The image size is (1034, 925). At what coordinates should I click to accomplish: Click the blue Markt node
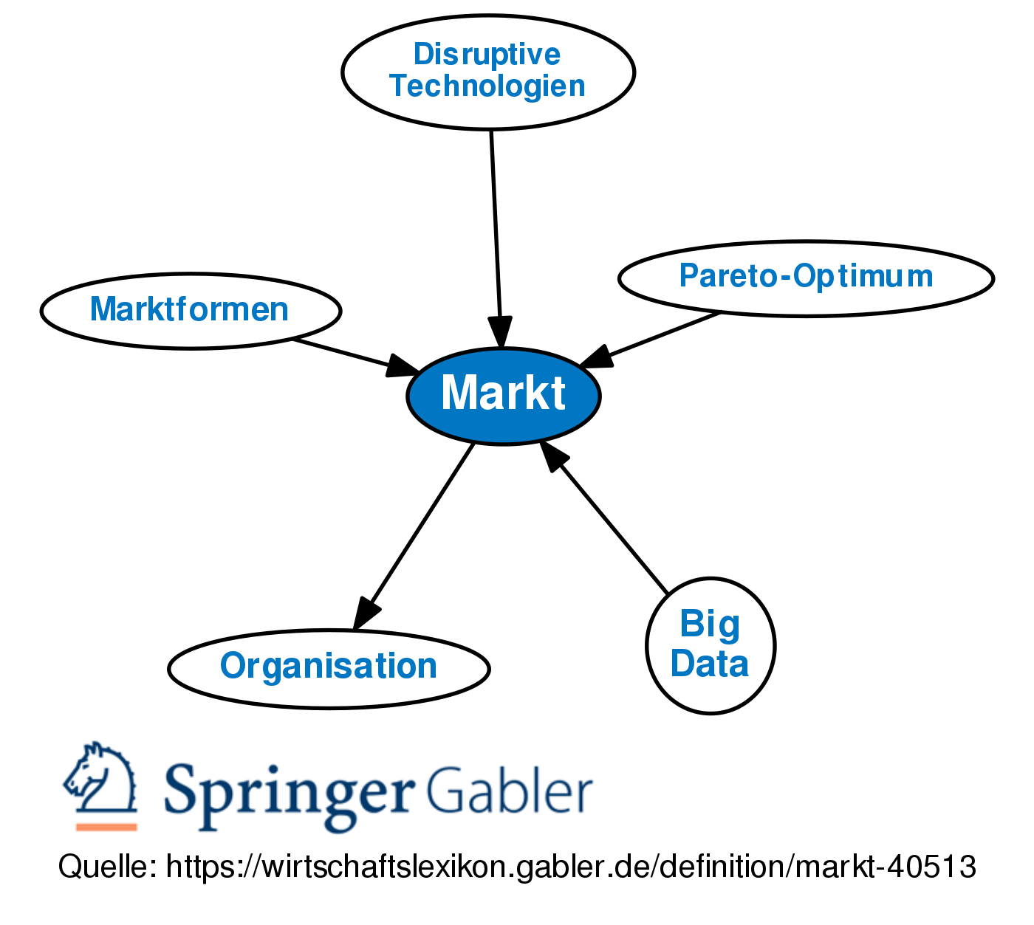click(x=503, y=396)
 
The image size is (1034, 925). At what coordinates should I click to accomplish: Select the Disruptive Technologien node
click(x=488, y=72)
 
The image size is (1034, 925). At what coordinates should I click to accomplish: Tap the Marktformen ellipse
click(x=190, y=310)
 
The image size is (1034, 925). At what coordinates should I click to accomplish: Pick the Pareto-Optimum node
click(x=806, y=278)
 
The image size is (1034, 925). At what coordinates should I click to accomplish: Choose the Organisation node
click(x=329, y=667)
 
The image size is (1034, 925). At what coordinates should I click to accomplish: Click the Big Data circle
click(x=711, y=645)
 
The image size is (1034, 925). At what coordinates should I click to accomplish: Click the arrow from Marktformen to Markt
click(x=347, y=354)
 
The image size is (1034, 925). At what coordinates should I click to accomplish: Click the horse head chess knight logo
click(x=101, y=779)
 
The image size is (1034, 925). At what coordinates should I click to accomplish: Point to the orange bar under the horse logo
click(x=106, y=827)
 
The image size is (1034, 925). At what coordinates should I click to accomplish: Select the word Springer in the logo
click(x=288, y=794)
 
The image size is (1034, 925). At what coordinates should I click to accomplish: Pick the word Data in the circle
click(x=710, y=663)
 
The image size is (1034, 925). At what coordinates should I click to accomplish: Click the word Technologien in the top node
click(x=487, y=86)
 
